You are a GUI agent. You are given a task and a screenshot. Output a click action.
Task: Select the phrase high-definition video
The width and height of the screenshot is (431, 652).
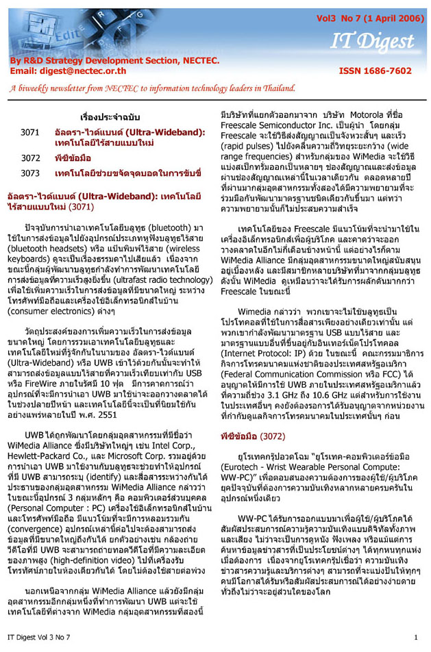109,540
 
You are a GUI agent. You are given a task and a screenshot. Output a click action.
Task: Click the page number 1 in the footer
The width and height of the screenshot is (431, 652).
415,638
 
